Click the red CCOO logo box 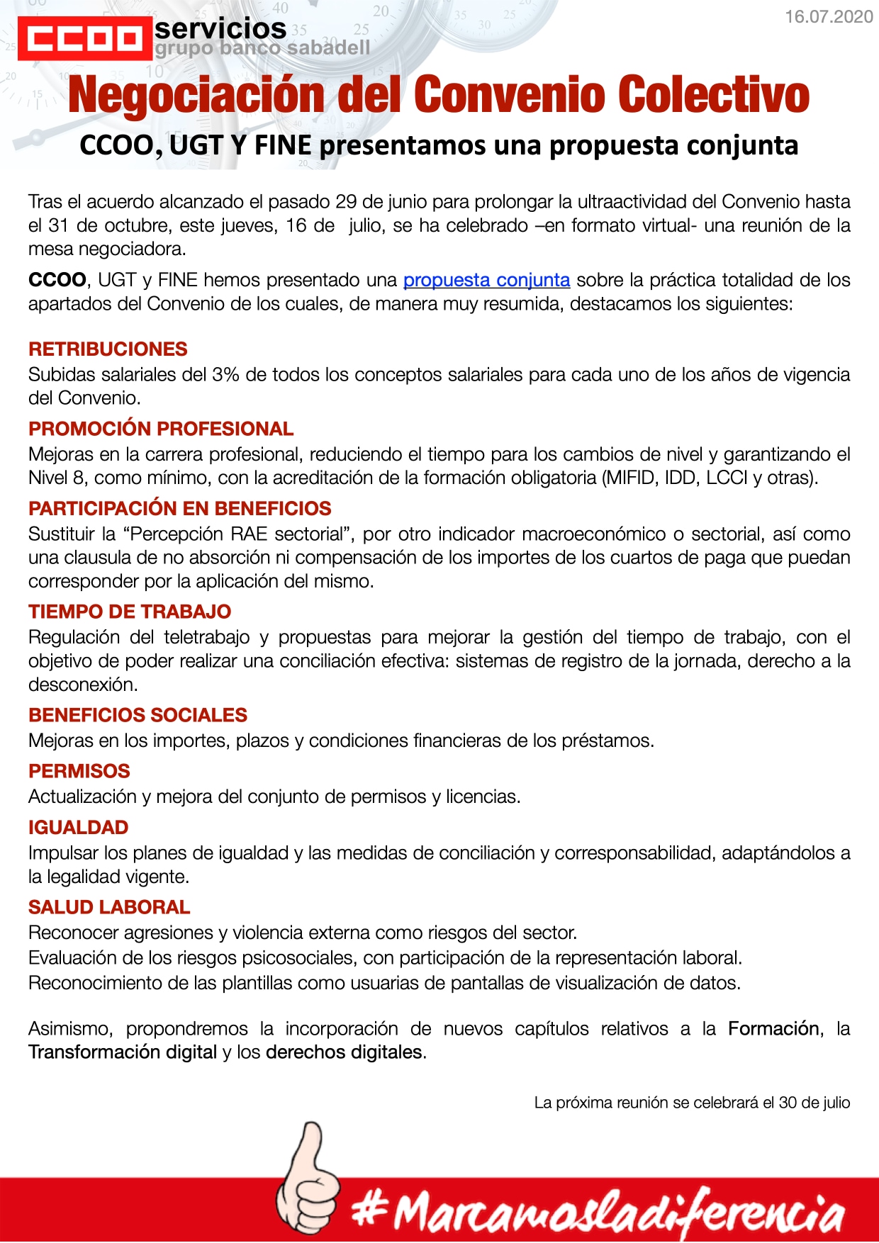[84, 39]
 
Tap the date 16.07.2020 [828, 17]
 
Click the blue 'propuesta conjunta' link [486, 280]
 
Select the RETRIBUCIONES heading [108, 349]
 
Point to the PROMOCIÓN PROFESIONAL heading [161, 429]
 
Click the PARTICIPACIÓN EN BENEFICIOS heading [180, 508]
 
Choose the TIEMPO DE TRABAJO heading [130, 612]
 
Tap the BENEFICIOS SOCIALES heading [138, 715]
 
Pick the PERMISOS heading [79, 771]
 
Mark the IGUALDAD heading [79, 827]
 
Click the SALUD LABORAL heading [109, 907]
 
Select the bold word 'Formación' [775, 1028]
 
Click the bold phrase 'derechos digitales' [344, 1052]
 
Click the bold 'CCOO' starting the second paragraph [57, 280]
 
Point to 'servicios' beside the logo [220, 29]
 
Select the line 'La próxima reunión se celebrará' [692, 1103]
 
